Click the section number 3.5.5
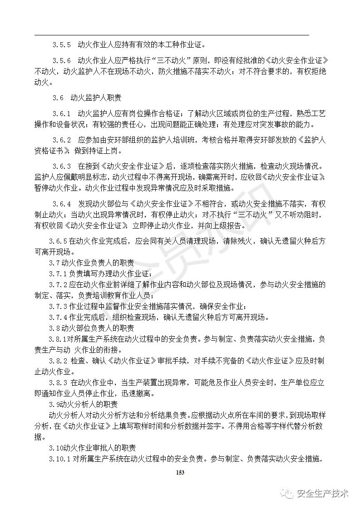coord(61,45)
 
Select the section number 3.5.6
coord(61,60)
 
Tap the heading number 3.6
coord(58,98)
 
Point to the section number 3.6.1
coord(61,113)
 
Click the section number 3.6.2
coord(61,139)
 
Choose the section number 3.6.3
coord(61,166)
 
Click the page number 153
coord(180,473)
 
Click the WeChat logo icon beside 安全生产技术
coord(287,494)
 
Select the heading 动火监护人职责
coord(96,98)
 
